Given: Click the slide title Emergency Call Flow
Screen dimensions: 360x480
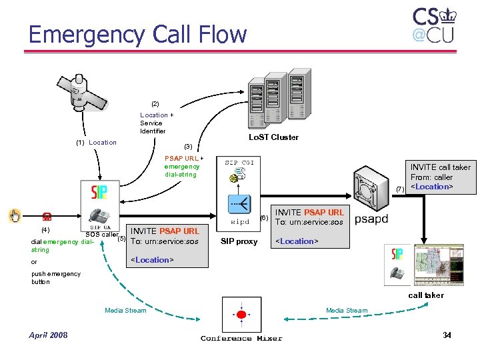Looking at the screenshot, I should [x=137, y=34].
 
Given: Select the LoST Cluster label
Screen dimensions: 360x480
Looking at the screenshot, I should [x=273, y=137].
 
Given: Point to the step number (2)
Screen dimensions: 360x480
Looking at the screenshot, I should [x=155, y=104].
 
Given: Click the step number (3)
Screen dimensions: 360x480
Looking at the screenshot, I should [x=188, y=146].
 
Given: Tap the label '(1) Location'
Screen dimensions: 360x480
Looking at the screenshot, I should [x=95, y=142].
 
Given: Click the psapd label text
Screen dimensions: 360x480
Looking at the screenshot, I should [x=371, y=219].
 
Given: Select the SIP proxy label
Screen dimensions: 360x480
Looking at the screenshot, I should [x=239, y=241].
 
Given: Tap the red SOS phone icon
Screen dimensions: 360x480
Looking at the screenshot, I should [x=47, y=216].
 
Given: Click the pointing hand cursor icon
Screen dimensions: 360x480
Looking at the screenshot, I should [x=15, y=215].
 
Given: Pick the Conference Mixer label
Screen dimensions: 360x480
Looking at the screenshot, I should [x=241, y=338].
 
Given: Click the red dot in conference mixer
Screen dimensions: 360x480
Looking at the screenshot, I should [x=241, y=314].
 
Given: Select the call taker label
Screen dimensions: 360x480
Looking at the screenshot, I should [x=425, y=295].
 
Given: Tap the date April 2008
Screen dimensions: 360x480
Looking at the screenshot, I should [x=48, y=335].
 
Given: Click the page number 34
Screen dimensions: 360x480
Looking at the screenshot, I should [x=447, y=335].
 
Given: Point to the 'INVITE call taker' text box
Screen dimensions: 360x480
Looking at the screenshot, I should [x=440, y=177].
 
